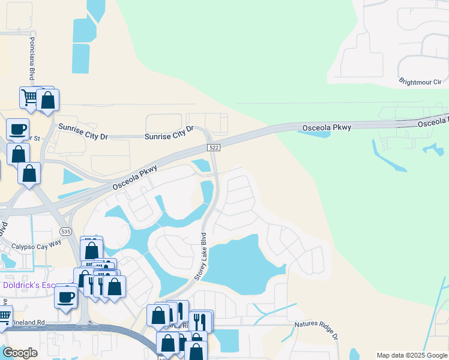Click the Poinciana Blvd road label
click(x=31, y=58)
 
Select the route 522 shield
click(x=212, y=148)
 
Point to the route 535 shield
click(x=65, y=230)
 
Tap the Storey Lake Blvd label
click(x=200, y=256)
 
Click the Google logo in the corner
click(x=20, y=352)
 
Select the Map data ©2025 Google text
click(x=412, y=355)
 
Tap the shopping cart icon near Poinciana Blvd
click(x=29, y=96)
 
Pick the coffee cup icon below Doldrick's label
click(x=65, y=296)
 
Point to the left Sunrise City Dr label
click(x=83, y=131)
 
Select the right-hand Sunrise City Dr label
click(x=170, y=133)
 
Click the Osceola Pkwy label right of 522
click(x=327, y=127)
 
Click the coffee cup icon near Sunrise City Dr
click(x=17, y=128)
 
